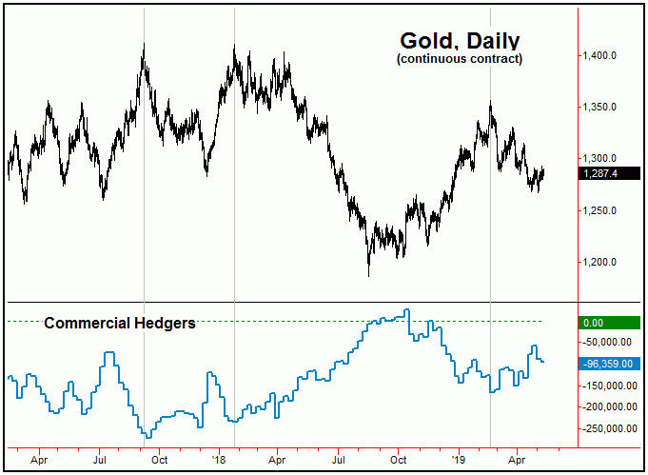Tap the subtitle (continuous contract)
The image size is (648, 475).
[460, 59]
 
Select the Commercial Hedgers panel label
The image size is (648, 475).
[120, 324]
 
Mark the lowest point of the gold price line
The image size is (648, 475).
[368, 275]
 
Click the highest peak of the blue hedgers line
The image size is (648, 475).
[407, 310]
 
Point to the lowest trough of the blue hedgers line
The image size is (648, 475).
[147, 437]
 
